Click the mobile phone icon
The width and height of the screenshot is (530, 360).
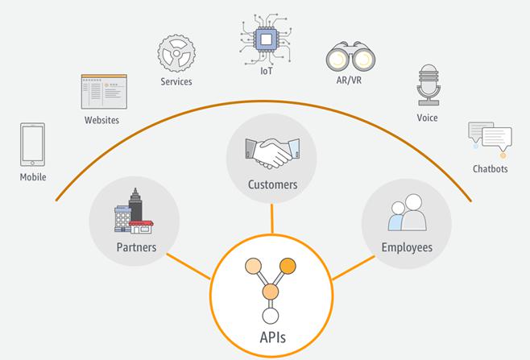click(32, 144)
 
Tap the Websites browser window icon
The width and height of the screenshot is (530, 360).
click(104, 92)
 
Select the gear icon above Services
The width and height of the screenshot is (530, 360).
click(176, 53)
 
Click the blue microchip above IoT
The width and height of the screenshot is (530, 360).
click(266, 39)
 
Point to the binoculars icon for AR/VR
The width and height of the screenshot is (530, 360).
click(350, 57)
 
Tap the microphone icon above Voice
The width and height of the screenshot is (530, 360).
click(429, 85)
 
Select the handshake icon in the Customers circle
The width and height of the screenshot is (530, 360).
click(272, 153)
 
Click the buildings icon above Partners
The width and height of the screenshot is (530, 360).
click(134, 211)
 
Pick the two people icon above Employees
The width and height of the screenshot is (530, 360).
click(408, 213)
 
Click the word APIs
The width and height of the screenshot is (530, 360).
click(272, 337)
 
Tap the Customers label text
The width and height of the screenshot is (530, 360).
click(272, 184)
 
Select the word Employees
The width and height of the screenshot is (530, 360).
click(407, 247)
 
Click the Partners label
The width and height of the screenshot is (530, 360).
click(136, 247)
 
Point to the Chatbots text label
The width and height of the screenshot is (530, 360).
click(490, 168)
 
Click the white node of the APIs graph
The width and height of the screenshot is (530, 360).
click(271, 317)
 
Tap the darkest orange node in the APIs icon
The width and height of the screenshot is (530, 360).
click(288, 266)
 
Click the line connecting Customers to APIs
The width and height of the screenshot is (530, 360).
click(271, 218)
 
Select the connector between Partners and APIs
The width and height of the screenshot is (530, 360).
click(188, 267)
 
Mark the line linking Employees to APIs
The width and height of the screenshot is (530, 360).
click(354, 267)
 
